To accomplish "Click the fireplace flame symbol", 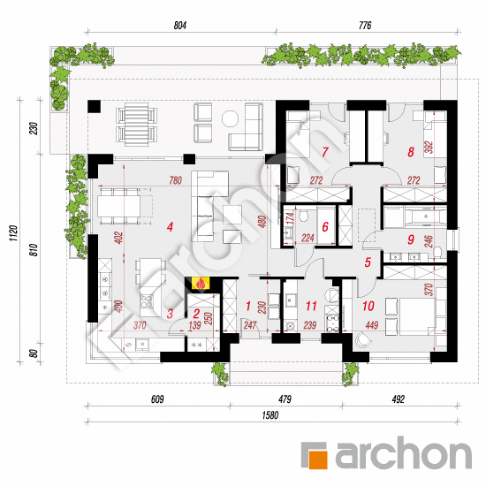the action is click(201, 284).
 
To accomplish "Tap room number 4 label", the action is click(170, 227).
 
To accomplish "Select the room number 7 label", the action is click(325, 152).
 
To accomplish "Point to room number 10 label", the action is click(368, 307).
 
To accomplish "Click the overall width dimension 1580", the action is click(270, 415).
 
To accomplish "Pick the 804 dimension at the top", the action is click(180, 26).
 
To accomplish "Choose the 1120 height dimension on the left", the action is click(13, 233).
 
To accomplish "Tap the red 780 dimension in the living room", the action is click(176, 180).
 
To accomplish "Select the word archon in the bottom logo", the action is click(404, 452).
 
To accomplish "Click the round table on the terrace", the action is click(231, 118).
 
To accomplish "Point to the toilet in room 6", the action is click(303, 216).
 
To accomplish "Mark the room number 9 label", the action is click(411, 239).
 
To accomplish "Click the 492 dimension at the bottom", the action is click(399, 399).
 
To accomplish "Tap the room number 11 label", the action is click(311, 307).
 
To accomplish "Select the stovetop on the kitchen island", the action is click(147, 300).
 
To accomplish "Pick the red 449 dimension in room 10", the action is click(372, 325).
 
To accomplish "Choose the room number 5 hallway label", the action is click(368, 262).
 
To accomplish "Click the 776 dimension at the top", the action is click(365, 26).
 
